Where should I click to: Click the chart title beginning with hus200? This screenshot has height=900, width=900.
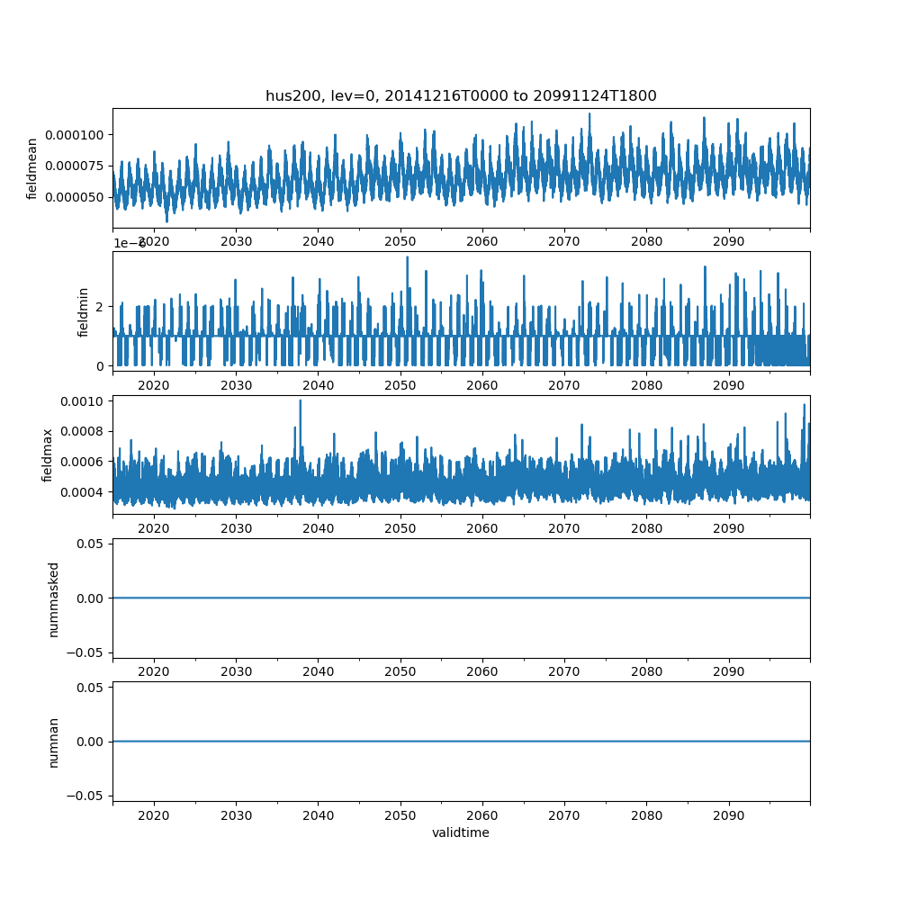461,95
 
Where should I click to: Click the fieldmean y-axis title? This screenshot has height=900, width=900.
32,168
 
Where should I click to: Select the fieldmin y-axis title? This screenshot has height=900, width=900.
84,311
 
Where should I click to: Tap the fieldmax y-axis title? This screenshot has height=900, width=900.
48,454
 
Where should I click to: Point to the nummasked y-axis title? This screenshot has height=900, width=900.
53,598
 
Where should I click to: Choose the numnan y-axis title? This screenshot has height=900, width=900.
53,742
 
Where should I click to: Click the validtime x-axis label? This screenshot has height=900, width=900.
461,833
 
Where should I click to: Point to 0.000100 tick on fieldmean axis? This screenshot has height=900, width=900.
78,135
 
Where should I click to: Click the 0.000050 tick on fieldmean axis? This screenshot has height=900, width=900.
78,197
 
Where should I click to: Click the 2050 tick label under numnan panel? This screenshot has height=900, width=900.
400,815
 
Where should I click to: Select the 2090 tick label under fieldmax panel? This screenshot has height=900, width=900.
728,528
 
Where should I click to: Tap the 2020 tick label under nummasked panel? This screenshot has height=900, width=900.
154,671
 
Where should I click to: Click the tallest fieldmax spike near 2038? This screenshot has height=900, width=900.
300,401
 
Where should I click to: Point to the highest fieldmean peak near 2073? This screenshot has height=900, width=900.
589,114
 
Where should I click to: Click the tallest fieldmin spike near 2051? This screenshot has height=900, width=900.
407,257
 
